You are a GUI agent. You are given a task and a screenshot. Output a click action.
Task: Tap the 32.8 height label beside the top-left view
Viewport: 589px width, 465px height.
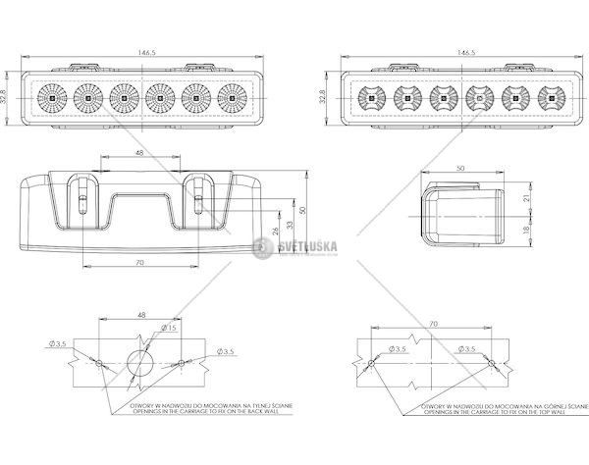pyautogui.click(x=8, y=97)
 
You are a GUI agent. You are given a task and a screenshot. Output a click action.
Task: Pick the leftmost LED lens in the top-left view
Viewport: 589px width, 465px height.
pyautogui.click(x=49, y=97)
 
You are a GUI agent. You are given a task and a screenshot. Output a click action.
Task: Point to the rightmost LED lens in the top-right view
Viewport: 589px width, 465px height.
pyautogui.click(x=548, y=97)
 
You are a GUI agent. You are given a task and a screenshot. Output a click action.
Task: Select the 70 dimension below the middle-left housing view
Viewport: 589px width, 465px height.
pyautogui.click(x=138, y=263)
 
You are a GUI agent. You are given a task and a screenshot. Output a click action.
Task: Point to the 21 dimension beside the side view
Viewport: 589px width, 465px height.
pyautogui.click(x=527, y=197)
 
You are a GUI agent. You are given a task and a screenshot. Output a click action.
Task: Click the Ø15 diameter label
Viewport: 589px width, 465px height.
pyautogui.click(x=169, y=329)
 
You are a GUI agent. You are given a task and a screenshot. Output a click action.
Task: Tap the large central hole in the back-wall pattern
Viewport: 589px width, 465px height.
pyautogui.click(x=139, y=361)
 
